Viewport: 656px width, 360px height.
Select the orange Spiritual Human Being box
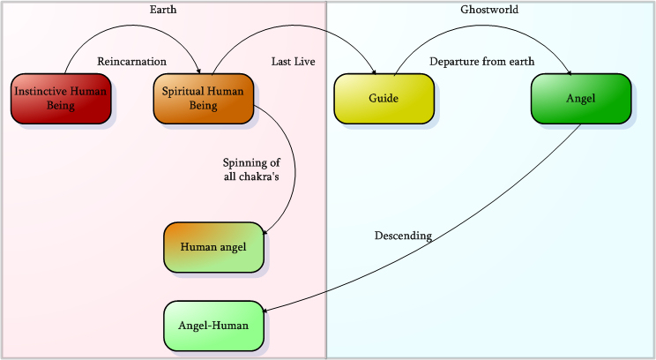click(x=203, y=98)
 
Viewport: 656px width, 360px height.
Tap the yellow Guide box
click(x=384, y=98)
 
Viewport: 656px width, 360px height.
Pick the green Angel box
click(x=581, y=98)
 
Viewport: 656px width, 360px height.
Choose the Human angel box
click(x=213, y=246)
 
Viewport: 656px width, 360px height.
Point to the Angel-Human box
click(x=213, y=325)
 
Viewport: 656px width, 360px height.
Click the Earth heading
click(x=163, y=10)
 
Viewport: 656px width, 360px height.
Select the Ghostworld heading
click(x=489, y=10)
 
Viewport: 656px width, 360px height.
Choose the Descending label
click(x=403, y=236)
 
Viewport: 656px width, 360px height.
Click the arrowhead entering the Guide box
click(x=375, y=71)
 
